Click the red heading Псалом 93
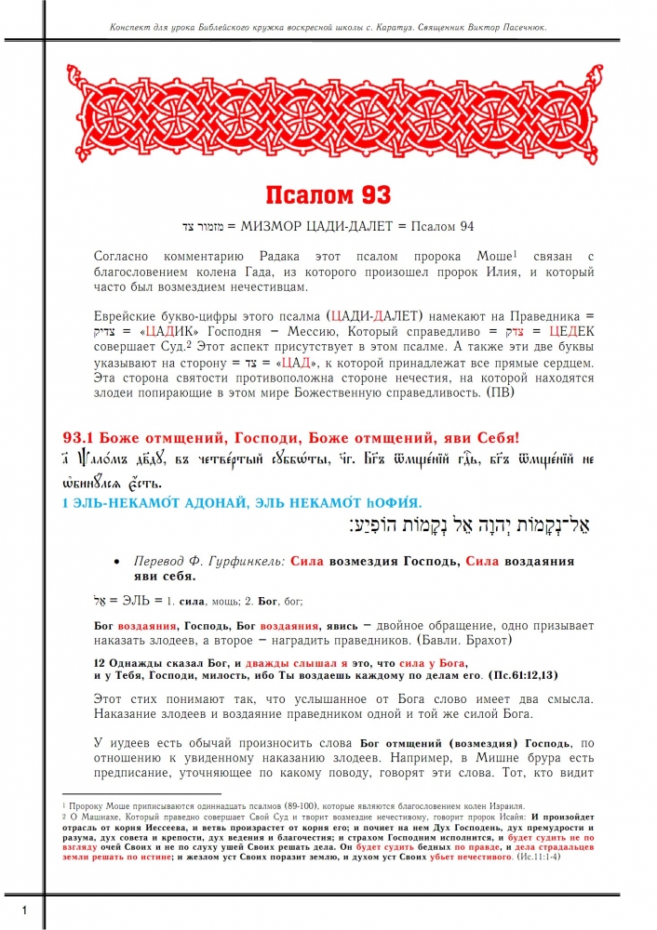(x=328, y=195)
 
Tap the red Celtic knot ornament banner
(x=328, y=116)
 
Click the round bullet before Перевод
(x=115, y=563)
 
